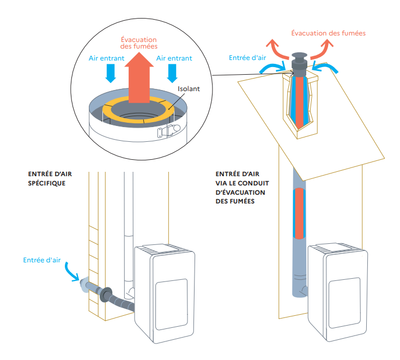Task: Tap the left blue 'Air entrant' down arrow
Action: tap(111, 72)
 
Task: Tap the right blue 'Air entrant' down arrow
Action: tap(173, 72)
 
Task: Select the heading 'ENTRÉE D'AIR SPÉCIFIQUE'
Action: tap(49, 178)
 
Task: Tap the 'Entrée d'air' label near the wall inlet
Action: tap(41, 260)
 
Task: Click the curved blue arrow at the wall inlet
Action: tap(72, 271)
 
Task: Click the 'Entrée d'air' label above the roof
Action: tap(248, 57)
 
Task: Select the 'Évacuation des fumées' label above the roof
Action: tap(328, 33)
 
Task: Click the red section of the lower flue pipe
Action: tap(300, 213)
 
